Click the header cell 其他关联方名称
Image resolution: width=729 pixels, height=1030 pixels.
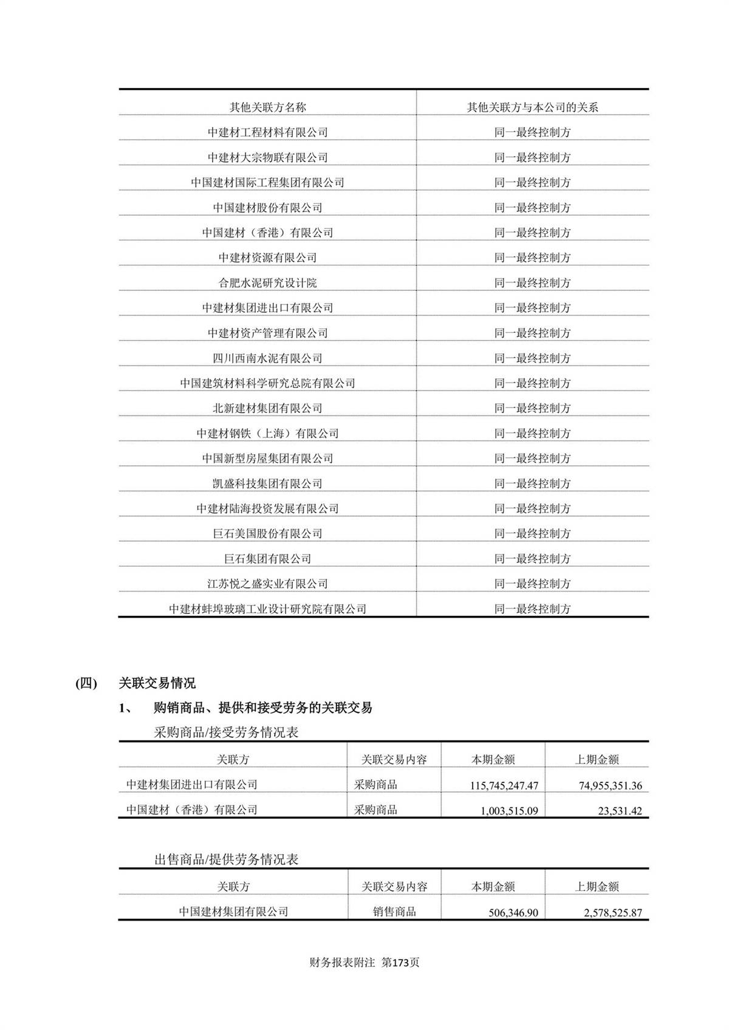267,107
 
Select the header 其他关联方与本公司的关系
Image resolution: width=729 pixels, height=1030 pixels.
532,107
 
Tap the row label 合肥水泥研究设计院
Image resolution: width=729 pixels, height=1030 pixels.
267,283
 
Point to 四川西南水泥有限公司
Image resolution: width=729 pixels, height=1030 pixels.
267,358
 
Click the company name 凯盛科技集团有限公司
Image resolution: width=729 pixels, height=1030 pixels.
267,483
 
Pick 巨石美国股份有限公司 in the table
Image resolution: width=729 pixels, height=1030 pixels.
267,534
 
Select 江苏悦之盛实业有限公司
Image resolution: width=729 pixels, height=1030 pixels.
267,584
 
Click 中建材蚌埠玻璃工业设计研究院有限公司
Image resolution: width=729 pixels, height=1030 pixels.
267,609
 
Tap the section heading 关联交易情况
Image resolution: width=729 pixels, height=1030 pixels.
157,683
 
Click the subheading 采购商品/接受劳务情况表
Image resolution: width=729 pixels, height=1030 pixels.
226,732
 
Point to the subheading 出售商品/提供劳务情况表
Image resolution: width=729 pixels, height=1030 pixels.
226,859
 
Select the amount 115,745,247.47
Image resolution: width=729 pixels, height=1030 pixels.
504,785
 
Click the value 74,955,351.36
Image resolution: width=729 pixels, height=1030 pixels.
610,785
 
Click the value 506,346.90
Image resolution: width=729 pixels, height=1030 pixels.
513,912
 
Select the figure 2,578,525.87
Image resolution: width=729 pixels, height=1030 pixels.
612,912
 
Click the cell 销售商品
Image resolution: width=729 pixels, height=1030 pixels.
394,912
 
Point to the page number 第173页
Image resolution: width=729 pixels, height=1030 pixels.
400,963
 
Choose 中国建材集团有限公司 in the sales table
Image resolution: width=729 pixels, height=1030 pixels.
233,912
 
